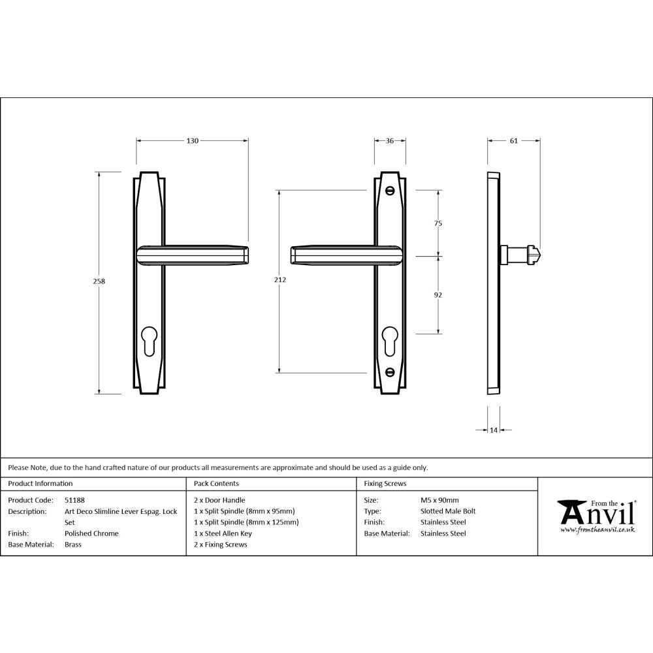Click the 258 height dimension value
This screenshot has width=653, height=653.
99,281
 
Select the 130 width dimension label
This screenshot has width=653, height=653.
193,140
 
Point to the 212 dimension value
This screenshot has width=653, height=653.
281,280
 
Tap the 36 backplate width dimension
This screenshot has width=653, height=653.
390,140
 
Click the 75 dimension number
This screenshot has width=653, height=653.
438,223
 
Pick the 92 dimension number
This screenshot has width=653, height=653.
438,295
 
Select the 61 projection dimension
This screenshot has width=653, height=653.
514,140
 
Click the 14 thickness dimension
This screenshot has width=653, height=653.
494,430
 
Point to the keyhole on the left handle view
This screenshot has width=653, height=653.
149,341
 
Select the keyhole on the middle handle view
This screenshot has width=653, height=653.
390,341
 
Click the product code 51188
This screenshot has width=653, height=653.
75,500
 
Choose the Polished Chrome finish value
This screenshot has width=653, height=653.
91,534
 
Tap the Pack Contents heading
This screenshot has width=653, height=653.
216,484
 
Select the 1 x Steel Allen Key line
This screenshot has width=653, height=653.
223,534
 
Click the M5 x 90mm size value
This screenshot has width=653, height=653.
439,500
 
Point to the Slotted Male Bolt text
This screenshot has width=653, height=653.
448,511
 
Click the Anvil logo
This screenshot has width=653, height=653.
596,516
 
